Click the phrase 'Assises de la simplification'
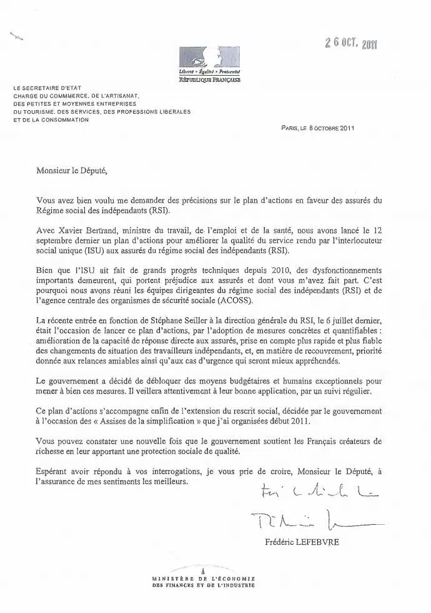point(161,422)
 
